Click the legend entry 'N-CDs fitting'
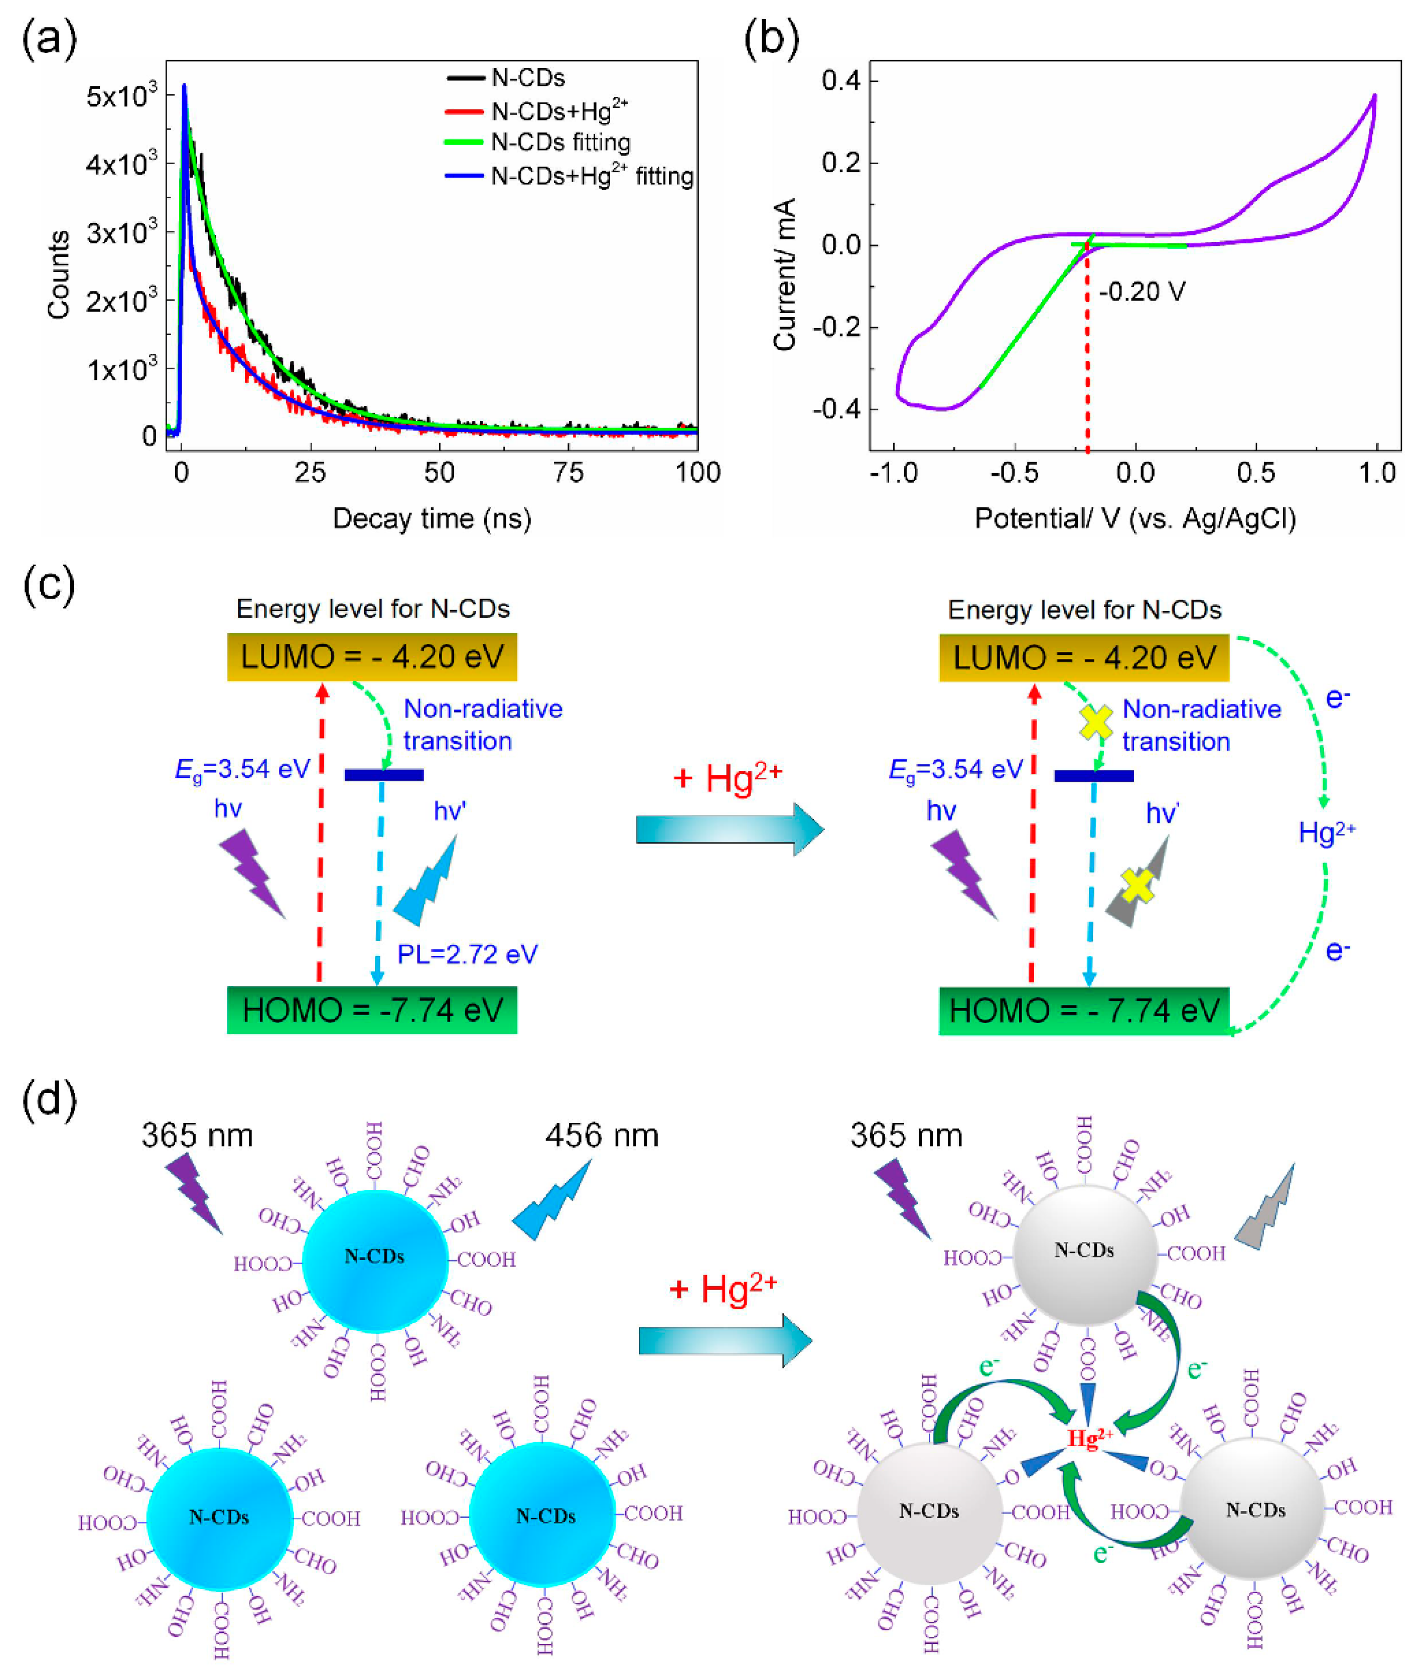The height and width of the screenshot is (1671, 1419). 560,143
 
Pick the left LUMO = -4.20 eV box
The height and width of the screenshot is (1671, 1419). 372,656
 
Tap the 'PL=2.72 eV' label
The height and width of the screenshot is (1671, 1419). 467,954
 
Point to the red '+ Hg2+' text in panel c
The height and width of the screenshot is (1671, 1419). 728,778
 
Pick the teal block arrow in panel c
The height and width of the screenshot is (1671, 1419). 729,828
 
